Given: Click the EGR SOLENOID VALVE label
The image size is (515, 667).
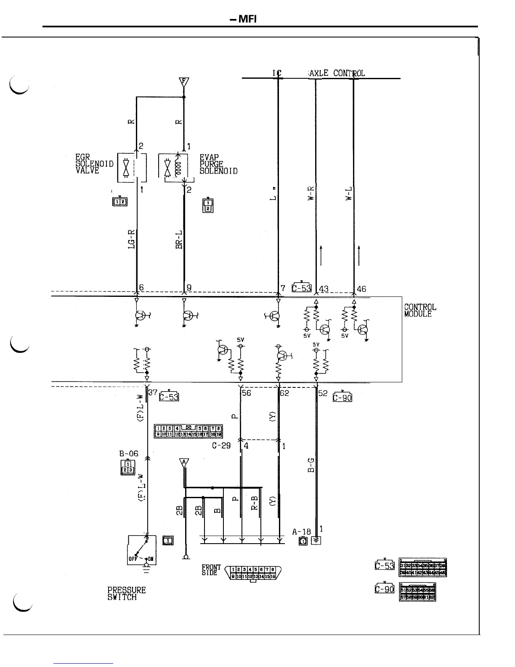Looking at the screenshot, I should tap(94, 164).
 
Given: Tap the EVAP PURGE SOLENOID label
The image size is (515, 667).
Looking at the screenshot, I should tap(218, 164).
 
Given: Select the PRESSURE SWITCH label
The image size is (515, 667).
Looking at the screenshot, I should tap(126, 593).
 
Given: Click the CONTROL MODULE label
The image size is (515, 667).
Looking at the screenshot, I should tap(420, 310).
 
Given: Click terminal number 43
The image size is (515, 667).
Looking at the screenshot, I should tap(324, 289).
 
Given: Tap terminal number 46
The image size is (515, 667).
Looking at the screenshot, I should tap(361, 289).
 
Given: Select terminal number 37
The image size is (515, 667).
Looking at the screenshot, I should tap(153, 392).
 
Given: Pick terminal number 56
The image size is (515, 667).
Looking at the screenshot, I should tap(246, 393).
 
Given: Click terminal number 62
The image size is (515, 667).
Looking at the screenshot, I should tap(284, 393).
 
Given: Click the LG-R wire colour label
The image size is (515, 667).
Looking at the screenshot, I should tap(131, 239).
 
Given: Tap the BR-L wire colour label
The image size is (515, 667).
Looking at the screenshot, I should tap(179, 239).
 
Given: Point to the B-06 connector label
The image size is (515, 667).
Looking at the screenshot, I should tap(129, 454).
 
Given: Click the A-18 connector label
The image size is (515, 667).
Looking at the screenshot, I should tap(301, 532).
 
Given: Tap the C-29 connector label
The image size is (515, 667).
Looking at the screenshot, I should tap(221, 446).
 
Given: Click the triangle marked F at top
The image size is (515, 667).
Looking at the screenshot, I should tap(184, 82).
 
